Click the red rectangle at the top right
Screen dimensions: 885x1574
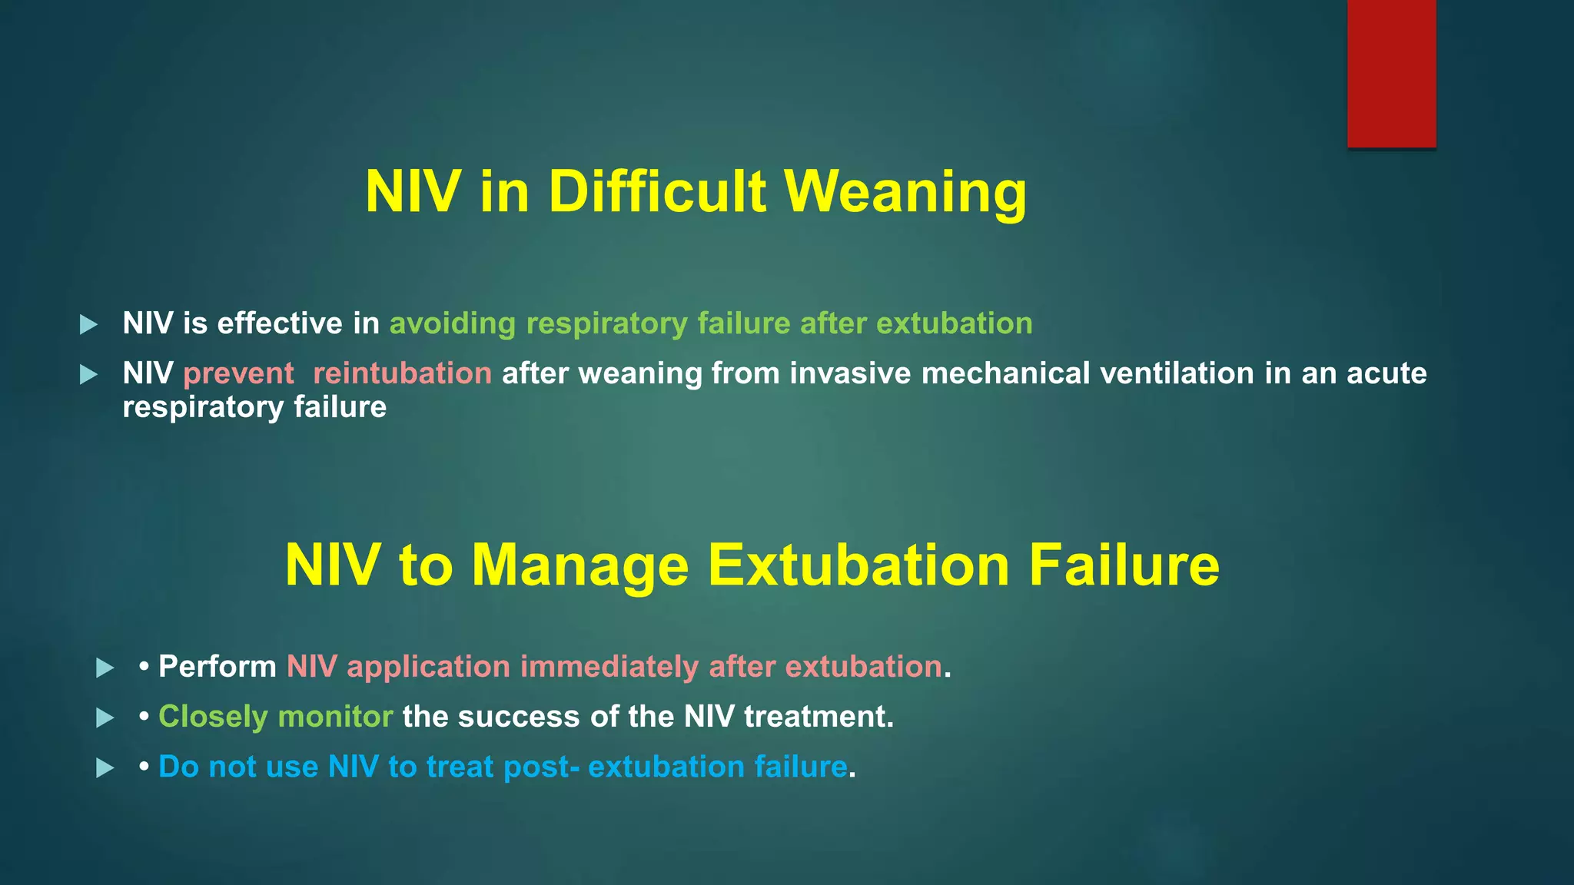1391,73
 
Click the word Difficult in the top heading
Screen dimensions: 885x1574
657,191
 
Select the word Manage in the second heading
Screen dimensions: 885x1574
579,565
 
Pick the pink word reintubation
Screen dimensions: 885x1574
402,373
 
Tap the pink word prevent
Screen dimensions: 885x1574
238,373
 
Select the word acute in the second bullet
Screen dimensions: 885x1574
1386,373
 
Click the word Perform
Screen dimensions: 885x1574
218,667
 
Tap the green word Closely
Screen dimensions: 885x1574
213,717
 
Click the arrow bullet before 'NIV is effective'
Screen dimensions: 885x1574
89,324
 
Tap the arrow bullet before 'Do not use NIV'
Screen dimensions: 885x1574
105,767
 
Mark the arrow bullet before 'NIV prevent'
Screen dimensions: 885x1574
89,374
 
